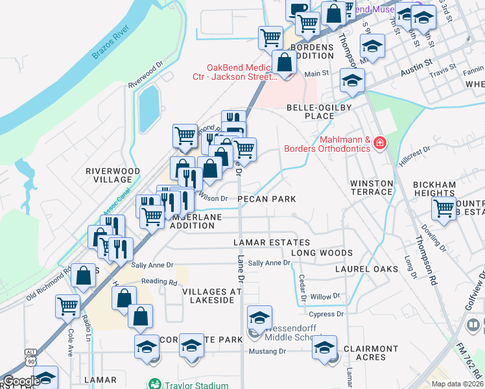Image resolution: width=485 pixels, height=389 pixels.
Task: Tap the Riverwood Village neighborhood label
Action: (113, 176)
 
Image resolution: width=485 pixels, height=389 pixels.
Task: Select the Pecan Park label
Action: (266, 199)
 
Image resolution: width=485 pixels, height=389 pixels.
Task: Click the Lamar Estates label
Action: (263, 242)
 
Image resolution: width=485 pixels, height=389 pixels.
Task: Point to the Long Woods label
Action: (322, 253)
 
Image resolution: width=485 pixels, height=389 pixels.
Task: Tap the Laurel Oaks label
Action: (365, 268)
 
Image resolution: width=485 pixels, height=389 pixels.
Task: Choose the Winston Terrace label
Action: (372, 187)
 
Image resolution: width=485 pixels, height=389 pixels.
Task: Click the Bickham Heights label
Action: (434, 189)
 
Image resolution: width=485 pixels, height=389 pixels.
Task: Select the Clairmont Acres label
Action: (370, 353)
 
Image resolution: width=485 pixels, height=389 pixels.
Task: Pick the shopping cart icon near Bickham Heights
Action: (444, 209)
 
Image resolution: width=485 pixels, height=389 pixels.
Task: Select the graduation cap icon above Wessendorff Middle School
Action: (259, 318)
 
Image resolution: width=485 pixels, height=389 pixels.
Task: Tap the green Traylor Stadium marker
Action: (154, 384)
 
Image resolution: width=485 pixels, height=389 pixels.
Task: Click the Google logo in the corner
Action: (21, 381)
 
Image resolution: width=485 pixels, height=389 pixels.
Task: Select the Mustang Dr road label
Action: (268, 351)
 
